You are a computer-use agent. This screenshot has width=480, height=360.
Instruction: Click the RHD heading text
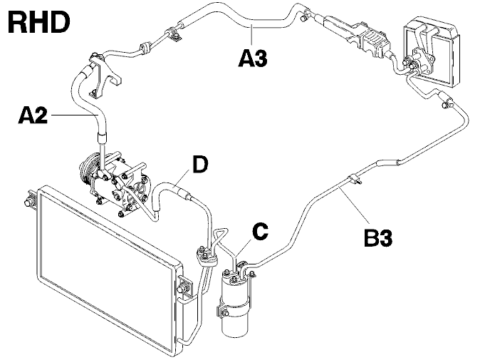click(38, 23)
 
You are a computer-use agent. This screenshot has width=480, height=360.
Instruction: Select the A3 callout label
click(253, 58)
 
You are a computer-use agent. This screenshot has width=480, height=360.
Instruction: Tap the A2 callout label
click(33, 115)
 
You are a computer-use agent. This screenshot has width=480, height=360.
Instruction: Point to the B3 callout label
click(378, 238)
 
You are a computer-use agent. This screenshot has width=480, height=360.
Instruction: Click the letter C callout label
click(260, 232)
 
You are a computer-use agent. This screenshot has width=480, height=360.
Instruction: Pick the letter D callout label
click(200, 165)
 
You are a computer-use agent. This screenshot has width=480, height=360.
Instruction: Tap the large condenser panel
click(107, 269)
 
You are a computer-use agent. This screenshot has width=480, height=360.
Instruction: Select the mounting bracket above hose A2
click(105, 75)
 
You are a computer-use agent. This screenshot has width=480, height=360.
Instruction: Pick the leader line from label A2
click(74, 115)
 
